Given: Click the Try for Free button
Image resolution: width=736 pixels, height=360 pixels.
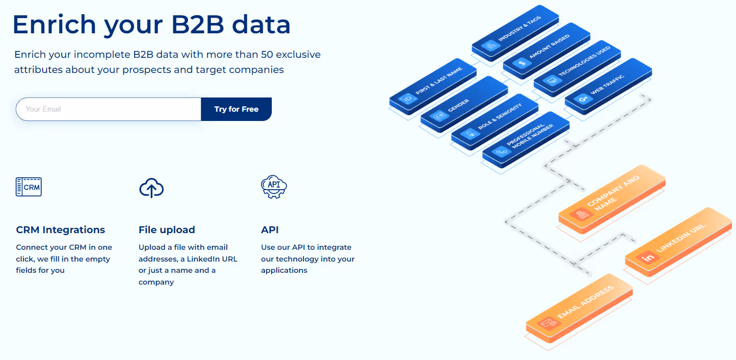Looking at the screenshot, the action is click(236, 109).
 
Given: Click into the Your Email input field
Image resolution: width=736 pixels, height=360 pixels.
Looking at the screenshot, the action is click(108, 109).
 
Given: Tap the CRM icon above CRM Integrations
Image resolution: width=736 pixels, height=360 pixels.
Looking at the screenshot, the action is click(29, 187).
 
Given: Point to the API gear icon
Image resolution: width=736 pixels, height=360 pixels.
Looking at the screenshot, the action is click(274, 187).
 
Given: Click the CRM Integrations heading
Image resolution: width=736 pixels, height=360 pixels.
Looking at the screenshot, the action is click(60, 230).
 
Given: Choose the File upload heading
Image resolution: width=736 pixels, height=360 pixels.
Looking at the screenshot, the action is click(166, 230).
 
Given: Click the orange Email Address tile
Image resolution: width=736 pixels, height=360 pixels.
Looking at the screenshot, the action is click(579, 307).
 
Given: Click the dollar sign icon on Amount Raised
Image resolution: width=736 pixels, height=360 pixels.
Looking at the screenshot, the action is click(522, 62).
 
